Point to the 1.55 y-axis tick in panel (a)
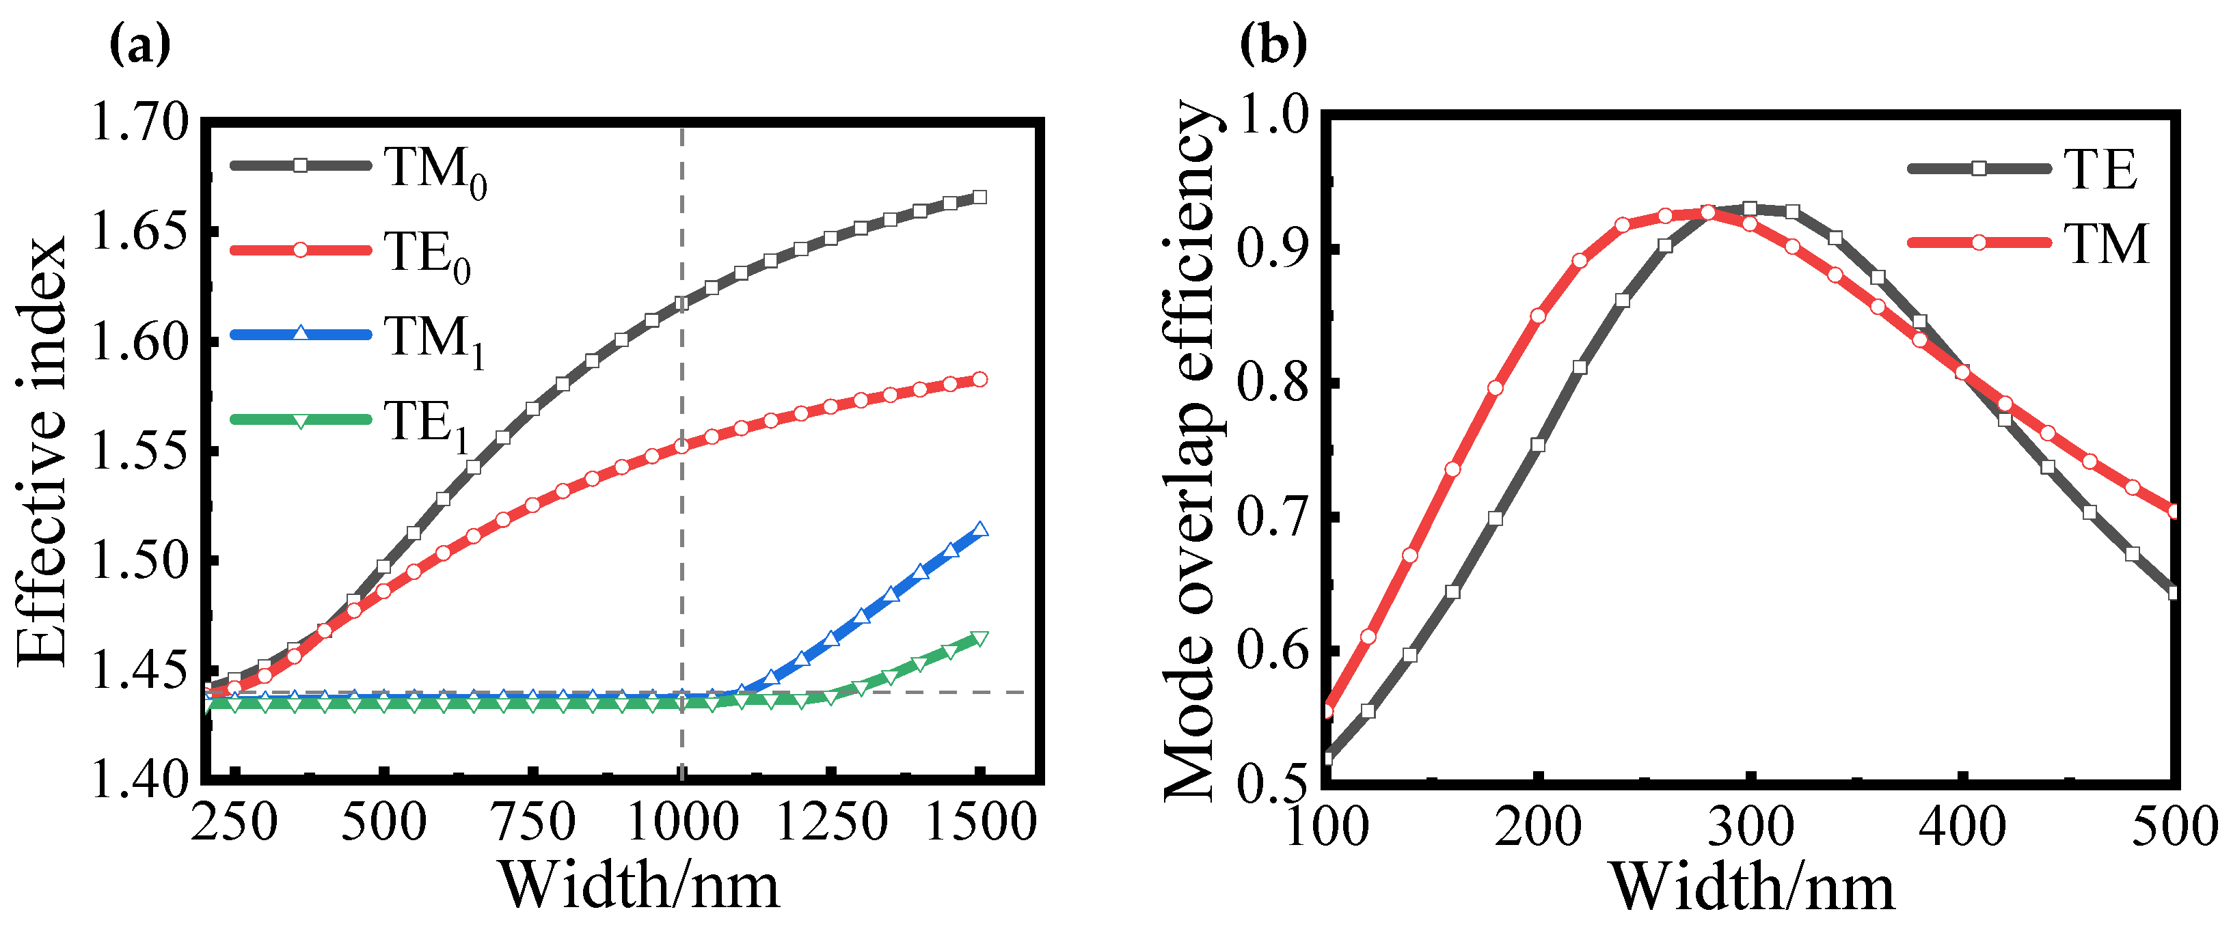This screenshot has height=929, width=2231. [x=139, y=452]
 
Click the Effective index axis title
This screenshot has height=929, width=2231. [x=42, y=450]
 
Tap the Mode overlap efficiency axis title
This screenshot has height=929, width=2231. [x=1191, y=450]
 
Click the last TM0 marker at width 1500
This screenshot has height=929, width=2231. [x=979, y=197]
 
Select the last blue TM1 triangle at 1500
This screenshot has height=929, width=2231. [x=979, y=530]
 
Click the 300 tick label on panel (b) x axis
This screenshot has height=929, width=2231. [x=1750, y=827]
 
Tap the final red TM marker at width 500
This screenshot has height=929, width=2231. [x=2173, y=512]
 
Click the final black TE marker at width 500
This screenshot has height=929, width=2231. [x=2173, y=593]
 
